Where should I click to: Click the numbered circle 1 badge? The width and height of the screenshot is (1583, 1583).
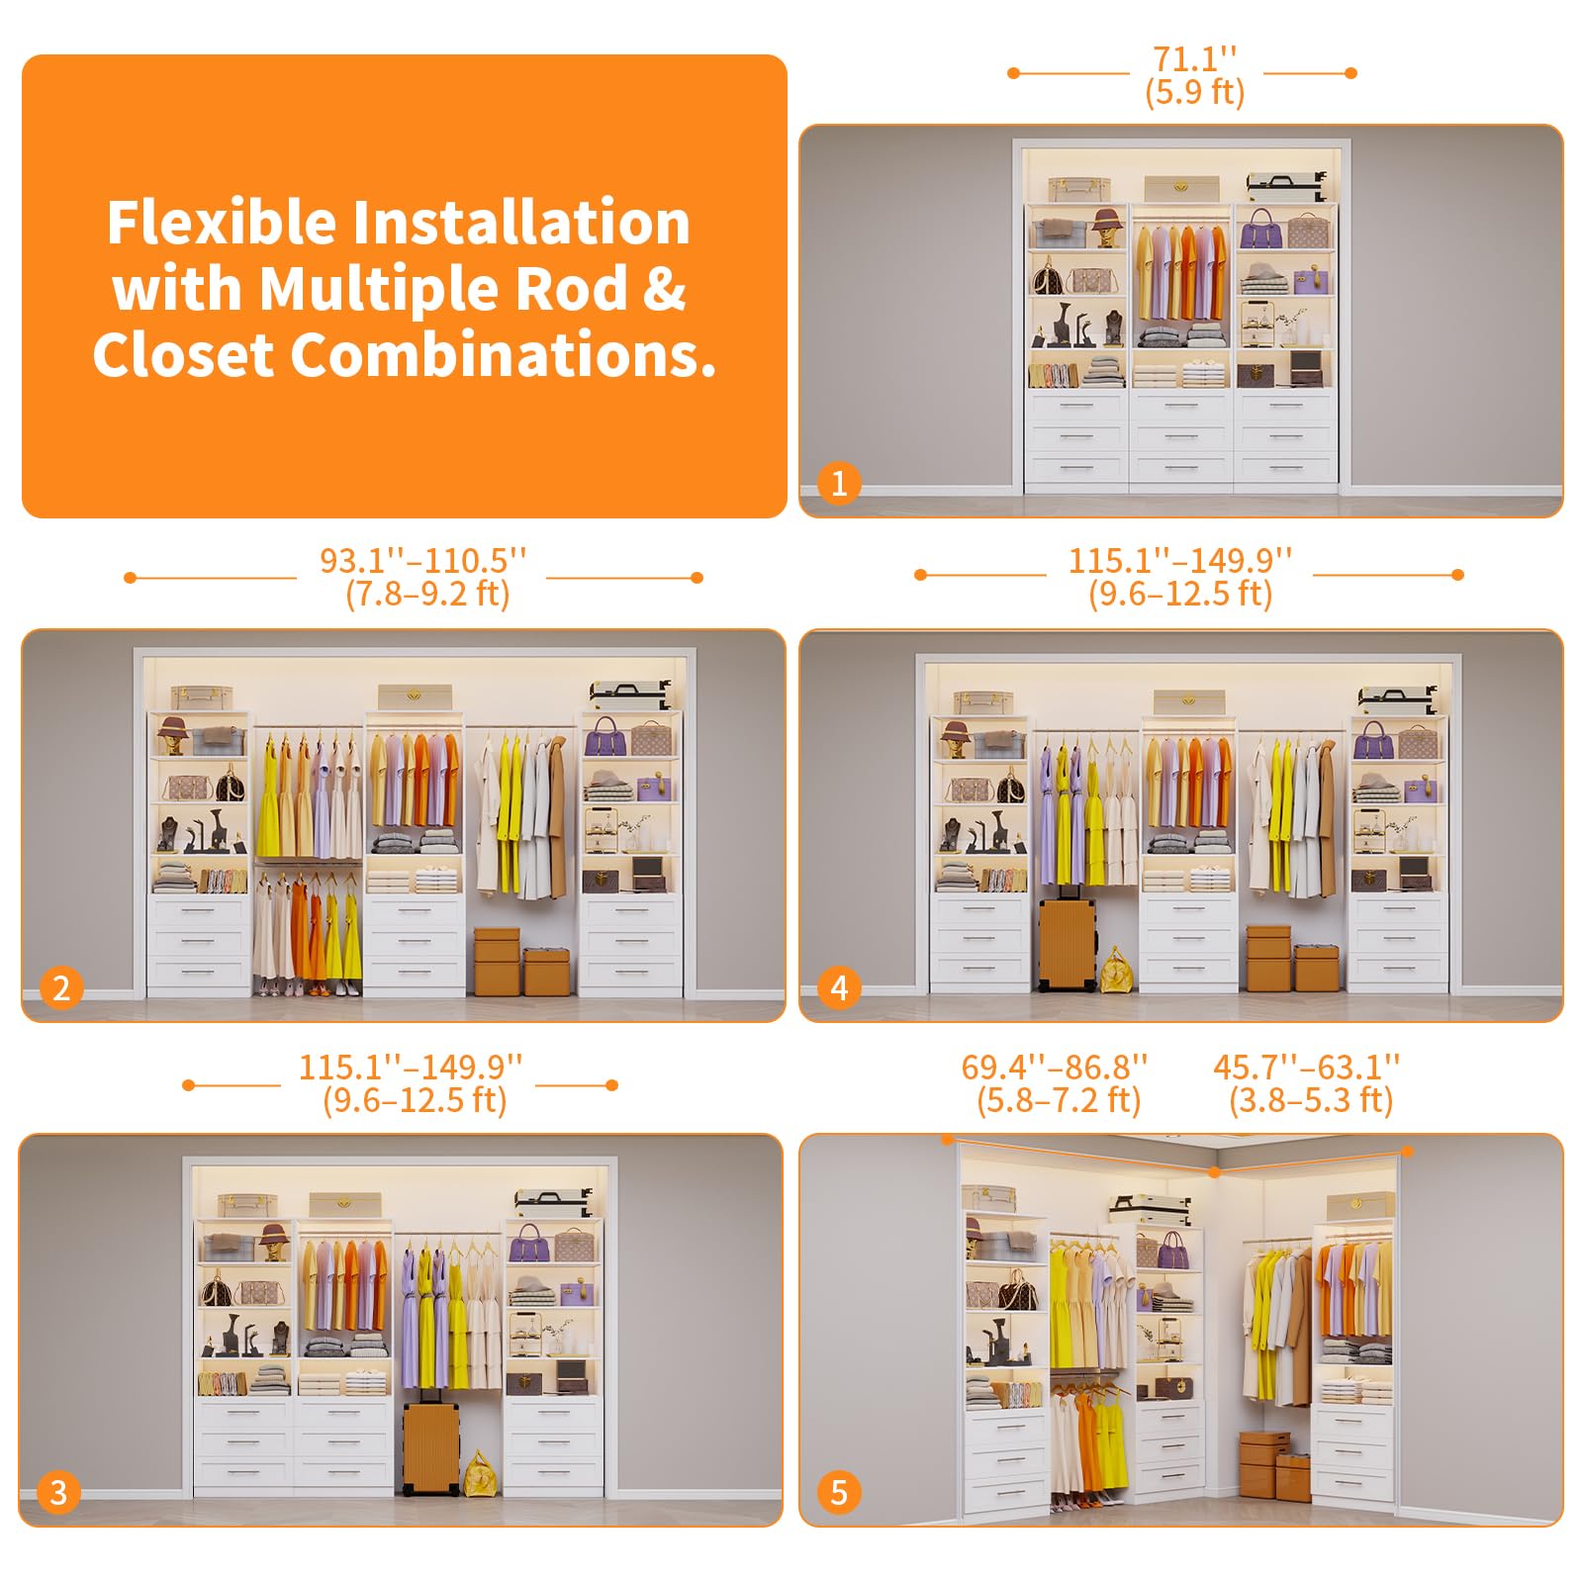(839, 484)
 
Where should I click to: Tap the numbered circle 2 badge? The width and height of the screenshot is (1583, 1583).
(61, 987)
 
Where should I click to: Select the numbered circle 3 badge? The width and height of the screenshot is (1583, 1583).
(58, 1492)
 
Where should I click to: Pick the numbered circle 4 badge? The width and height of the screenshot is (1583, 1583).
(839, 987)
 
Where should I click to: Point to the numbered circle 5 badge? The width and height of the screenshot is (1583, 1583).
(839, 1492)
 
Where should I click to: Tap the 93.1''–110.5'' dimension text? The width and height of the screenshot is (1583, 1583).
(423, 561)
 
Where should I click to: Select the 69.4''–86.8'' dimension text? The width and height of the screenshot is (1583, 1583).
(1055, 1068)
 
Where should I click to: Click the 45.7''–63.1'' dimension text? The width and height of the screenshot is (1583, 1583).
(1307, 1068)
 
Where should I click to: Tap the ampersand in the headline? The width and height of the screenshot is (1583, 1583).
(664, 289)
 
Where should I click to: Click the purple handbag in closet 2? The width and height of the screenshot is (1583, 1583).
(605, 738)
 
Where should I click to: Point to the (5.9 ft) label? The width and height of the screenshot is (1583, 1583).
(1195, 93)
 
